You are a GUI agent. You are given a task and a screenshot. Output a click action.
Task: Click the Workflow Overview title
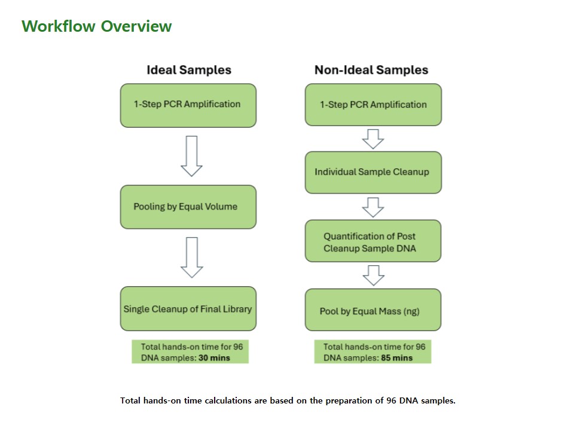coord(97,26)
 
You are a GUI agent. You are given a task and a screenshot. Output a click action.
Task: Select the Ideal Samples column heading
coord(189,69)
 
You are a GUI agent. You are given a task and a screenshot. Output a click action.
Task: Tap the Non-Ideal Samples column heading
coord(371,69)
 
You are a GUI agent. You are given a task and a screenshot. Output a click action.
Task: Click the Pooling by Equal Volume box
coord(188,207)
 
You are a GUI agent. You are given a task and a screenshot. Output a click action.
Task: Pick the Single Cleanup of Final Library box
coord(188,309)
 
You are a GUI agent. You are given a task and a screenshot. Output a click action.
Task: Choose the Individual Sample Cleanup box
coord(373,172)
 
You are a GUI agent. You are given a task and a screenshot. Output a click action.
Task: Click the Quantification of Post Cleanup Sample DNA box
coord(373,241)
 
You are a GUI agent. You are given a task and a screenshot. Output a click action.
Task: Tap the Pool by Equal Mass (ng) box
coord(373,309)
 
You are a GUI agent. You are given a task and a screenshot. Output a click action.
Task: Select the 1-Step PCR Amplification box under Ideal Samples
coord(188,105)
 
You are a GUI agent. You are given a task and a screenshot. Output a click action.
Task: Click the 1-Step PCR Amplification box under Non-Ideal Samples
coord(373,105)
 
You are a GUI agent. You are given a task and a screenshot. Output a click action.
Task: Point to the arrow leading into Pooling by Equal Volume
coord(191,156)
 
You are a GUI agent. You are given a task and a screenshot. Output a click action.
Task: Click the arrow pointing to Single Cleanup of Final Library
coord(192,257)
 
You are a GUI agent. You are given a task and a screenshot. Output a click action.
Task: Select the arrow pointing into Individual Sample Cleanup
coord(373,139)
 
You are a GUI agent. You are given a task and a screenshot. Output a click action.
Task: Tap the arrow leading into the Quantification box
coord(373,208)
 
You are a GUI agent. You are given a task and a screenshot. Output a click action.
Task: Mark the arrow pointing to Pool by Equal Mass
coord(373,275)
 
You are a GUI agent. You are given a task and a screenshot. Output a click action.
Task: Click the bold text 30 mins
coord(214,358)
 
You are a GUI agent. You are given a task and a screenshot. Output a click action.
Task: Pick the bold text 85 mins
coord(397,358)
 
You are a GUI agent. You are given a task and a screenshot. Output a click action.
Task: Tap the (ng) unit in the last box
coord(411,311)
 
